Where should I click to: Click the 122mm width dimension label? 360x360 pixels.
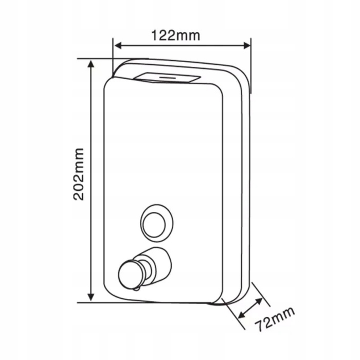(x=176, y=35)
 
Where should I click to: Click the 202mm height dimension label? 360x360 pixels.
(x=79, y=174)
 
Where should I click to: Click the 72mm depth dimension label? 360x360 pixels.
(x=275, y=319)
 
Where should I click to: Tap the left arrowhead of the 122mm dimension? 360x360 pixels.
(x=118, y=46)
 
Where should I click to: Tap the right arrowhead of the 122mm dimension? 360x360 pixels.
(x=247, y=45)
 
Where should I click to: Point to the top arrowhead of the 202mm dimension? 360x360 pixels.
(x=91, y=64)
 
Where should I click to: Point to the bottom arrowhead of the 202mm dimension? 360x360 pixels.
(x=91, y=297)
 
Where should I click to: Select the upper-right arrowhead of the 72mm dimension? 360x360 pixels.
(x=259, y=301)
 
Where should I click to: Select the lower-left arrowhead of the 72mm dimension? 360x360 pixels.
(x=242, y=315)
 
